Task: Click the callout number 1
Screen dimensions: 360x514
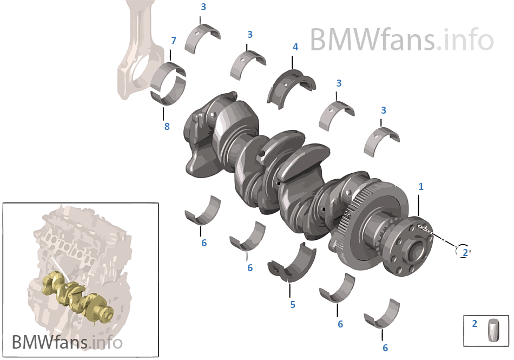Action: pyautogui.click(x=421, y=187)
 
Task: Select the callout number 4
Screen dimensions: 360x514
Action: pyautogui.click(x=295, y=47)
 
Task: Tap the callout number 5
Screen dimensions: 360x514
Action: pyautogui.click(x=293, y=305)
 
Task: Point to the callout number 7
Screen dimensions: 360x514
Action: pyautogui.click(x=174, y=41)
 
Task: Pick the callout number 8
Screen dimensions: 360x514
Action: pyautogui.click(x=167, y=127)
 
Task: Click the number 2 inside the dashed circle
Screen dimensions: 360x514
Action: pyautogui.click(x=463, y=252)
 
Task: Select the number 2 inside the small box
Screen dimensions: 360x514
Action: pyautogui.click(x=475, y=324)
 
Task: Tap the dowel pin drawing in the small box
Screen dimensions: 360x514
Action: pyautogui.click(x=494, y=330)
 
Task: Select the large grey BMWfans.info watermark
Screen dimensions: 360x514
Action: pyautogui.click(x=401, y=40)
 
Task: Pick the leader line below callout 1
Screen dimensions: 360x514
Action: pyautogui.click(x=420, y=206)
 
